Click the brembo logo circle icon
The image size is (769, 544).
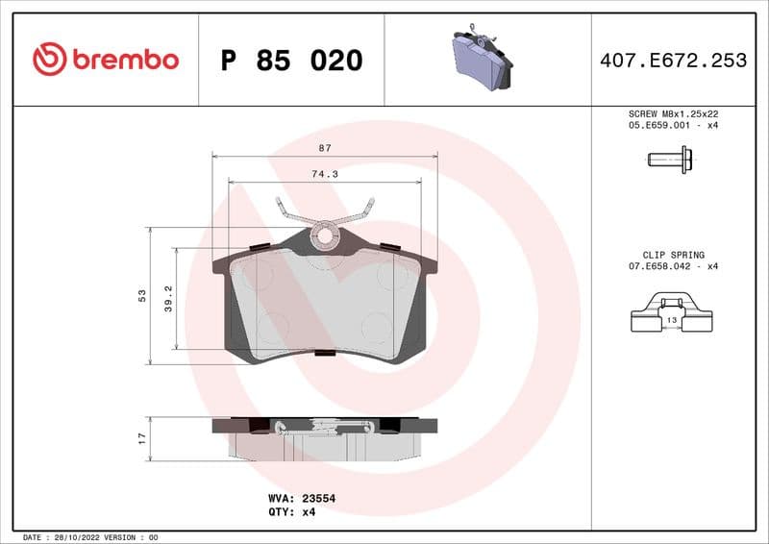(49, 60)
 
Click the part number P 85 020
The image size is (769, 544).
(291, 61)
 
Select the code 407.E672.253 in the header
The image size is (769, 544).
(673, 61)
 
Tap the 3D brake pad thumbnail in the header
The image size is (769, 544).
(482, 59)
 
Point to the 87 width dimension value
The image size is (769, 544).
(324, 148)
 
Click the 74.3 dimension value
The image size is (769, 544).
(324, 174)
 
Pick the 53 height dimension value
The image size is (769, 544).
(141, 294)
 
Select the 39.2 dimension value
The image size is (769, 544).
(167, 297)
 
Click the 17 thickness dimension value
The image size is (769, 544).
(141, 437)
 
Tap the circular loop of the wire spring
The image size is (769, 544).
(326, 234)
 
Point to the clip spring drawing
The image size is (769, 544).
(671, 316)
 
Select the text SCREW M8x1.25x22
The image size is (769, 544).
(673, 112)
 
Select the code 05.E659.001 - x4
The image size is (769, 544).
(673, 125)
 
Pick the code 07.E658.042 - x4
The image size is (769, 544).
(673, 266)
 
